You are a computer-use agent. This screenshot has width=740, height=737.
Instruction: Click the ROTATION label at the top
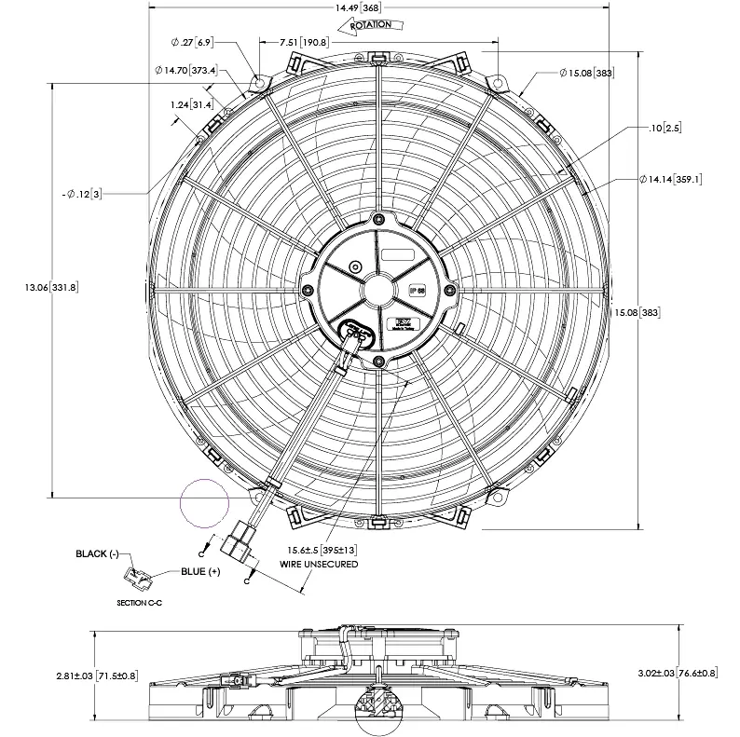coord(371,26)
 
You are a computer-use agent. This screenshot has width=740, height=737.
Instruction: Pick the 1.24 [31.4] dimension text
coord(191,104)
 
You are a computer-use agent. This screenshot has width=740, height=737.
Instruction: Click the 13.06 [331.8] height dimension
coord(51,287)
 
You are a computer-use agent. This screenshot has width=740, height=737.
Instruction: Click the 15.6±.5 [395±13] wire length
coord(323,551)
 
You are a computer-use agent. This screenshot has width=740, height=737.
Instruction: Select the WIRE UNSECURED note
coord(319,564)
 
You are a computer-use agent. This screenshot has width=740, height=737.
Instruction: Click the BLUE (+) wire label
coord(200,571)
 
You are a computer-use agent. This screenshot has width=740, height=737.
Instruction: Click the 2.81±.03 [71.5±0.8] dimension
coord(96,674)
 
